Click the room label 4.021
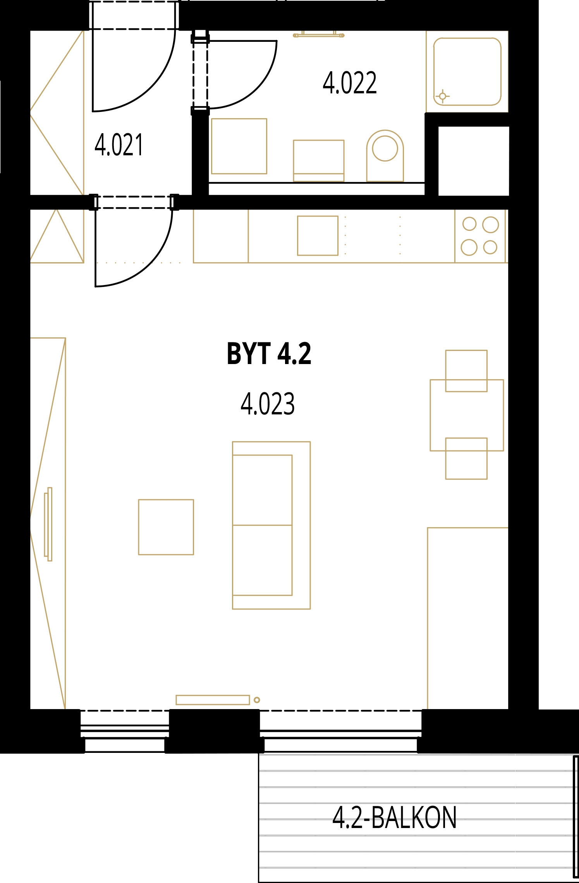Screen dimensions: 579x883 pyautogui.click(x=119, y=145)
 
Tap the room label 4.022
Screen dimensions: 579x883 pyautogui.click(x=350, y=83)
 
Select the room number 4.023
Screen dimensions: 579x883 pyautogui.click(x=268, y=404)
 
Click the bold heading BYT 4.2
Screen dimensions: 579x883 pyautogui.click(x=269, y=354)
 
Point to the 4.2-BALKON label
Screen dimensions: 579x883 pyautogui.click(x=395, y=818)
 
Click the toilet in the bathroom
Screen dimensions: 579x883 pyautogui.click(x=385, y=156)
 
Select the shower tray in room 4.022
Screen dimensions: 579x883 pyautogui.click(x=467, y=72)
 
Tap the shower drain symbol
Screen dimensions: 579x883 pyautogui.click(x=442, y=96)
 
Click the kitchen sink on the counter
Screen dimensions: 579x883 pyautogui.click(x=318, y=235)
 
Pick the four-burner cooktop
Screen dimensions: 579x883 pyautogui.click(x=480, y=236)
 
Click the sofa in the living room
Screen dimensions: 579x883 pyautogui.click(x=271, y=525)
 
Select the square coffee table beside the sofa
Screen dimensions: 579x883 pyautogui.click(x=166, y=527)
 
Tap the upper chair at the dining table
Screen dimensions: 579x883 pyautogui.click(x=466, y=371)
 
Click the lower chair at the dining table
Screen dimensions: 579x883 pyautogui.click(x=466, y=459)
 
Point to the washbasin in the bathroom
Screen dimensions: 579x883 pyautogui.click(x=319, y=161)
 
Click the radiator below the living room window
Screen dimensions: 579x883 pyautogui.click(x=213, y=700)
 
